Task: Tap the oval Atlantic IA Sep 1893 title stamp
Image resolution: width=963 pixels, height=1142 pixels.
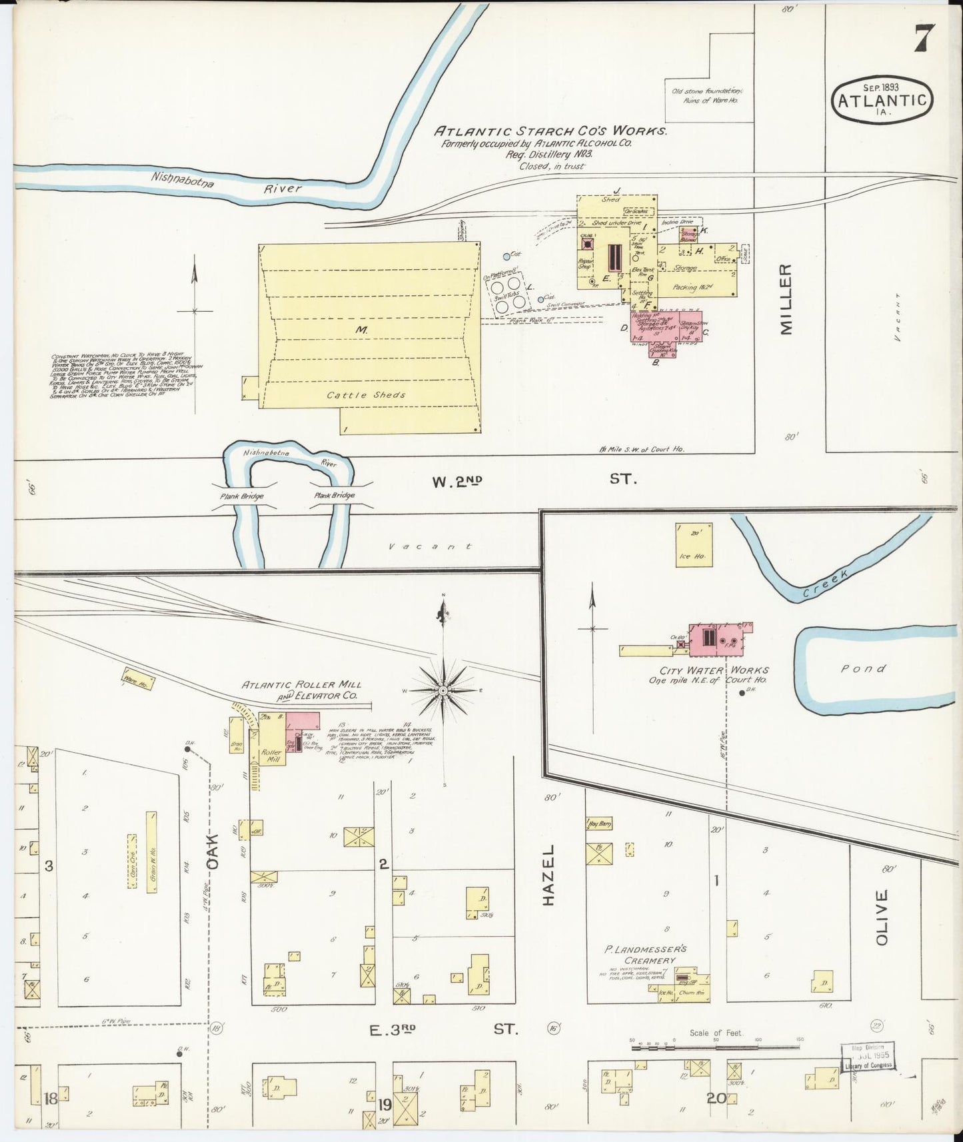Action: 881,100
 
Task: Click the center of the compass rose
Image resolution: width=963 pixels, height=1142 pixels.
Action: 443,691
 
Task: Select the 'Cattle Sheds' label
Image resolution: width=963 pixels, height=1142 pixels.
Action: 366,394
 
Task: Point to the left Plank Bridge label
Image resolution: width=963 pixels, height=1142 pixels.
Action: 242,496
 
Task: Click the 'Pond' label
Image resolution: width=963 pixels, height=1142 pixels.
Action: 863,668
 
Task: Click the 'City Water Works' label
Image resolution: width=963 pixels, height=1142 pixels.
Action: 714,670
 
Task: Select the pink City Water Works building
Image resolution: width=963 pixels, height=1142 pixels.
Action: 716,639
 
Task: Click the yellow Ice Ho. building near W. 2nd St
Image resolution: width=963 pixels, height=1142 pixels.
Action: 693,544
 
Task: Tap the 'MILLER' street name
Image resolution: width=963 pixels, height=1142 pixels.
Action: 786,299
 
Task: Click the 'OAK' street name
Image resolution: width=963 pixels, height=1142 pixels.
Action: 212,852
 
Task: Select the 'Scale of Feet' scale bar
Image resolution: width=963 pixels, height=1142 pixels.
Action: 715,1047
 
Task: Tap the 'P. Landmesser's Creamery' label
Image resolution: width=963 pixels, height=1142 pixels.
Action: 645,954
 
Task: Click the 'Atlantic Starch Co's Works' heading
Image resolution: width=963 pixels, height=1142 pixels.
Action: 551,131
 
